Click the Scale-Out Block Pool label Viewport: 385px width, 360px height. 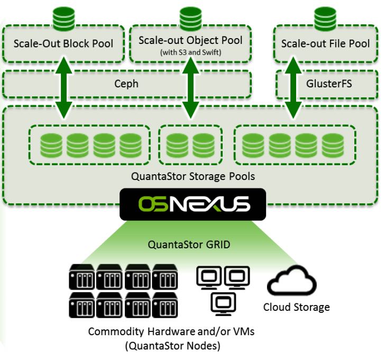(x=63, y=43)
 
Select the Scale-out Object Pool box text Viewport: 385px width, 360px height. (x=190, y=40)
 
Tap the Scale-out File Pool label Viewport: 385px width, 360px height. (x=325, y=43)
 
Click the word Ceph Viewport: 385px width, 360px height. (x=126, y=84)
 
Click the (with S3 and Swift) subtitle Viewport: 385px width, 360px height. (x=190, y=52)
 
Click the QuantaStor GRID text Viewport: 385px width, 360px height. (x=191, y=245)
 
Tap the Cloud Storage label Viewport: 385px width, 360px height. (x=296, y=308)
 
